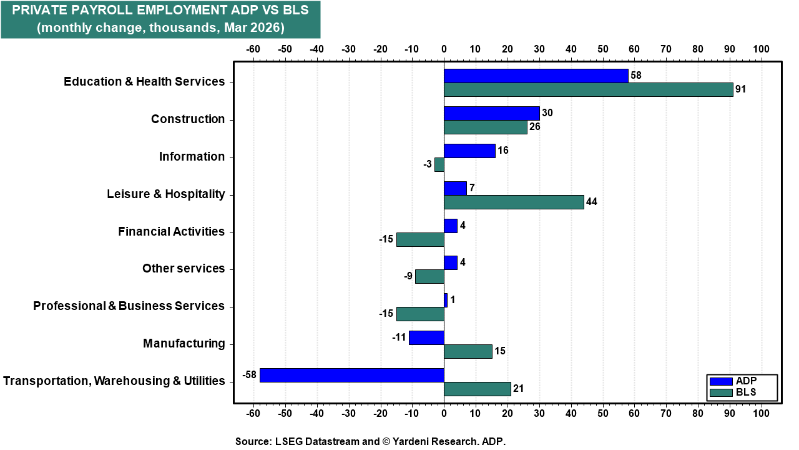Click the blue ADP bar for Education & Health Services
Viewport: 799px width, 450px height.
[536, 76]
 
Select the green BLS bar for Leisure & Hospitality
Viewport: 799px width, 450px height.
[514, 202]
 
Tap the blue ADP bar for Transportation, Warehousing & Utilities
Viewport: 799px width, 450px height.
[351, 375]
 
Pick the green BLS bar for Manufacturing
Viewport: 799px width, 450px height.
[468, 351]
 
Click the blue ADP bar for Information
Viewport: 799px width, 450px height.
[469, 151]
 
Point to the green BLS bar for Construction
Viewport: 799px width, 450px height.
[485, 127]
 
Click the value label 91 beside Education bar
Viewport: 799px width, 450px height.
[740, 89]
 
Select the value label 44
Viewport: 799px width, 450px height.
[592, 202]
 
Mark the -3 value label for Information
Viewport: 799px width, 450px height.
[427, 164]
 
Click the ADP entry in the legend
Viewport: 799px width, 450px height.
[742, 381]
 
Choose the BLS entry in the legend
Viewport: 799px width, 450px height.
[742, 393]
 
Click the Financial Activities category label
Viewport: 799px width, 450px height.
[171, 232]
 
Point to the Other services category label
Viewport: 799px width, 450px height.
[183, 269]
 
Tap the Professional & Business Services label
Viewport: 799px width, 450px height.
[129, 306]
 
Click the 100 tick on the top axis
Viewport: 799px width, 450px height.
[761, 49]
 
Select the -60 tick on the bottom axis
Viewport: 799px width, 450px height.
[253, 414]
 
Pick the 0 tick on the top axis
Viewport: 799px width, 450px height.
[444, 49]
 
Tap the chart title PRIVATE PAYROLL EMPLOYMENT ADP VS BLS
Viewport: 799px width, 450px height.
[160, 11]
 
